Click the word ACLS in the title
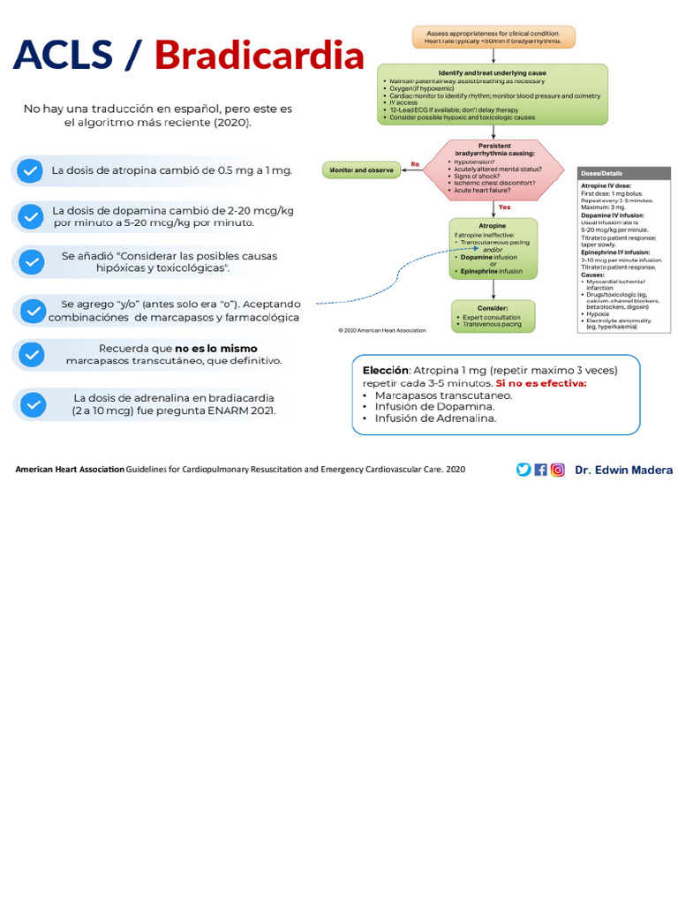click(64, 56)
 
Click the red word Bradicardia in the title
click(259, 56)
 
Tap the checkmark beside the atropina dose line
click(30, 170)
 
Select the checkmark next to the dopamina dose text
click(30, 216)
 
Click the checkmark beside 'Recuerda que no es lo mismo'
click(32, 355)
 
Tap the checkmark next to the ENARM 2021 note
click(32, 403)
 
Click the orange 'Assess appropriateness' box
click(493, 36)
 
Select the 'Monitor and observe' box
click(362, 169)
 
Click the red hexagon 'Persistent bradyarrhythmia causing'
click(493, 169)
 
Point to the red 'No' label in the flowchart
click(414, 163)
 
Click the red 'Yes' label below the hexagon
click(504, 207)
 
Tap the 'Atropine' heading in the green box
click(492, 226)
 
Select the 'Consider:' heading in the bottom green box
click(493, 308)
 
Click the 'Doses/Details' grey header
click(601, 173)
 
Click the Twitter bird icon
click(524, 470)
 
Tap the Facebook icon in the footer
click(540, 470)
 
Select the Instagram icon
click(557, 470)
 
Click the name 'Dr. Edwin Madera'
click(623, 470)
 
